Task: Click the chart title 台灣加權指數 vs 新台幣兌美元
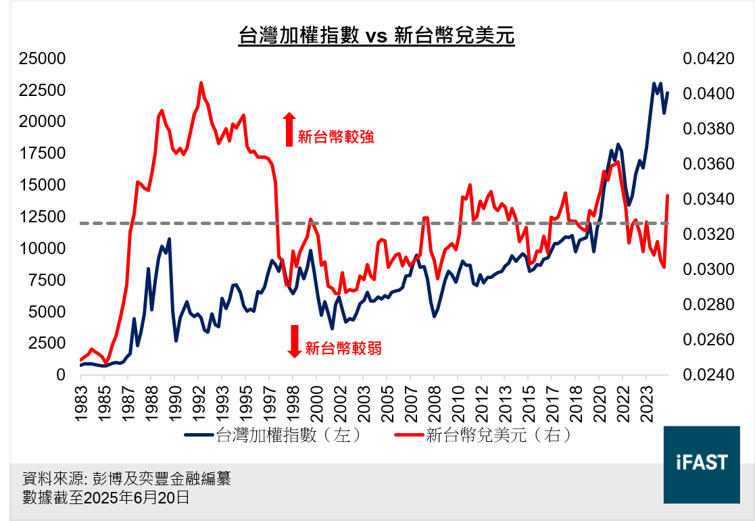tap(376, 36)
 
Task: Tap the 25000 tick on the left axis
tap(42, 59)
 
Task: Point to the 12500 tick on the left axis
tap(42, 217)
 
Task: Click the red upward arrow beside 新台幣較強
tap(289, 129)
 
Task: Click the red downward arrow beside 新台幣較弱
tap(294, 341)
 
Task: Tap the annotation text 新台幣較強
tap(335, 137)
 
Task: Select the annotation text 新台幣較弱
tap(343, 349)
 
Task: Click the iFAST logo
tap(702, 464)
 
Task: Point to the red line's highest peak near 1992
tap(201, 83)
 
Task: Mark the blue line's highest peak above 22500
tap(654, 84)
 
